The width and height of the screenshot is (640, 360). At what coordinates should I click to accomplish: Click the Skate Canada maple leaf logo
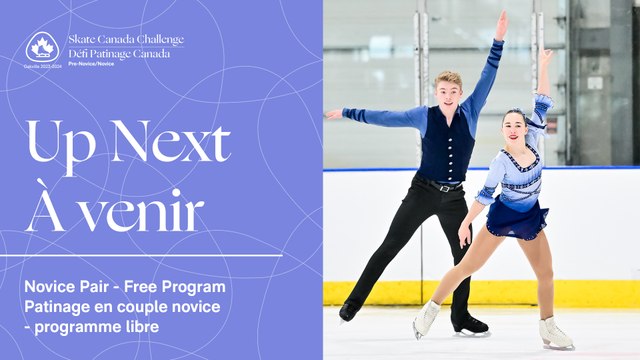(x=42, y=46)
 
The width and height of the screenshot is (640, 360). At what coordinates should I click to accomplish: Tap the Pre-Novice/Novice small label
(x=91, y=63)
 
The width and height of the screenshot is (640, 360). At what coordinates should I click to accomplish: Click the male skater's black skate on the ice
(x=469, y=326)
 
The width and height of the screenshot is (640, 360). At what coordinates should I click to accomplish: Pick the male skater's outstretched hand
(x=333, y=114)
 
